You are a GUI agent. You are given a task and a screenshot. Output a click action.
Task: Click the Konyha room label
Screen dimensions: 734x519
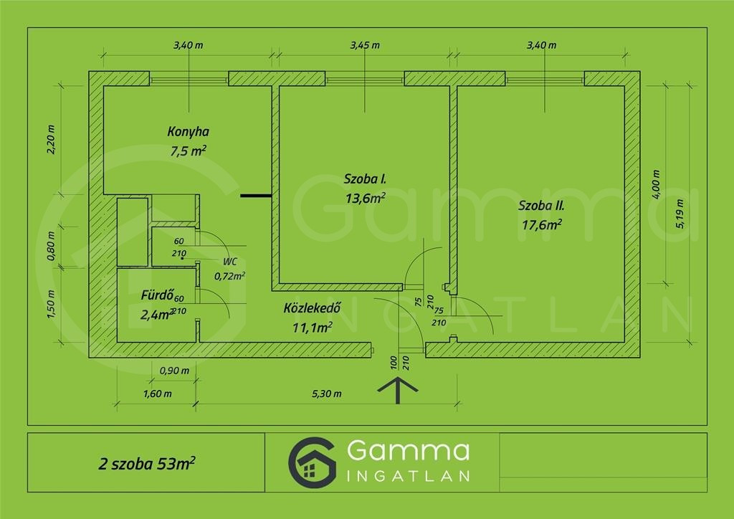(189, 131)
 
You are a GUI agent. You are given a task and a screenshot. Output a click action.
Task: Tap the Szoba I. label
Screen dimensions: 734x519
(365, 178)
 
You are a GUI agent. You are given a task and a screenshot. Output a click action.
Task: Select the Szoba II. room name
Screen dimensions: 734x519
(541, 206)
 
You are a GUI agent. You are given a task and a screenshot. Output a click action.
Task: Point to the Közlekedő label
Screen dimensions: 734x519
(313, 308)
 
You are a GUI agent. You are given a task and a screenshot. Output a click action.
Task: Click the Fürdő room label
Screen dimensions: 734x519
(157, 295)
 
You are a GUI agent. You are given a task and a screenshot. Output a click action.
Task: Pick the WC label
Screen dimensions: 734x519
(230, 262)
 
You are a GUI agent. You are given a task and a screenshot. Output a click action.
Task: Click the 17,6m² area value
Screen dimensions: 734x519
(542, 225)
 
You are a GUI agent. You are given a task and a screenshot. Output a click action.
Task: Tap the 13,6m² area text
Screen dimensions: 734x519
(365, 198)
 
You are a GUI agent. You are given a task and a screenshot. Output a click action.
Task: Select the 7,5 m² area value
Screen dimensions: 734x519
(189, 151)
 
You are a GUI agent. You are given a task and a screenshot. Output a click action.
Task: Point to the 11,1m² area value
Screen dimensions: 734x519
(313, 327)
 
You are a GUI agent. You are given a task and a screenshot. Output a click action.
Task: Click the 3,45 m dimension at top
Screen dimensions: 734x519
(365, 45)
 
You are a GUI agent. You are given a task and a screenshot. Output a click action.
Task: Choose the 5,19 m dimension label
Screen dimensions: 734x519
(680, 214)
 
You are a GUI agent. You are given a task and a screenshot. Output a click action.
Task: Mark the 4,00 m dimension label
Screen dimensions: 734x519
(656, 184)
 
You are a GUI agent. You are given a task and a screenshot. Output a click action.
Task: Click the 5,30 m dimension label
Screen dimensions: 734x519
(327, 394)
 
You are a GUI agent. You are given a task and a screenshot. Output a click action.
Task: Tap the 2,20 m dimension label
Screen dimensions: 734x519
(51, 140)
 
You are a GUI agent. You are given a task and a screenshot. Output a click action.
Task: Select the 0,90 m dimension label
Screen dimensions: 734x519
(175, 371)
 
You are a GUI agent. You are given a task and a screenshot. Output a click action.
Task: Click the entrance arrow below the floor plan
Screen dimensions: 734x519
(397, 390)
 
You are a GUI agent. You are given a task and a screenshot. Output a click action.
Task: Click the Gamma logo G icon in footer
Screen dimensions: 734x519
(313, 463)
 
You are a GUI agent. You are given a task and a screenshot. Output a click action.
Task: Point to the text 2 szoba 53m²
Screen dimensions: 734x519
(146, 463)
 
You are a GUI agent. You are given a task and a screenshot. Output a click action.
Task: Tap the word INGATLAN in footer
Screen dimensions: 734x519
(408, 476)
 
